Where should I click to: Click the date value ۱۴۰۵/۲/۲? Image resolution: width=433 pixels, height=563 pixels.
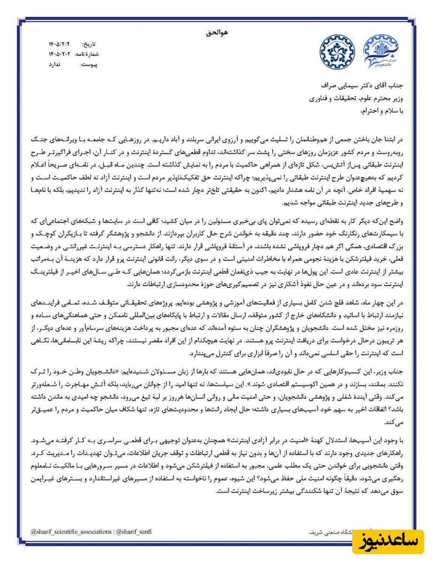coord(58,44)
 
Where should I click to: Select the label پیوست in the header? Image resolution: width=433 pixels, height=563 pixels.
coord(90,64)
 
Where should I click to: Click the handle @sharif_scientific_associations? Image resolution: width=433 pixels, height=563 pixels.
coord(71,532)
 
